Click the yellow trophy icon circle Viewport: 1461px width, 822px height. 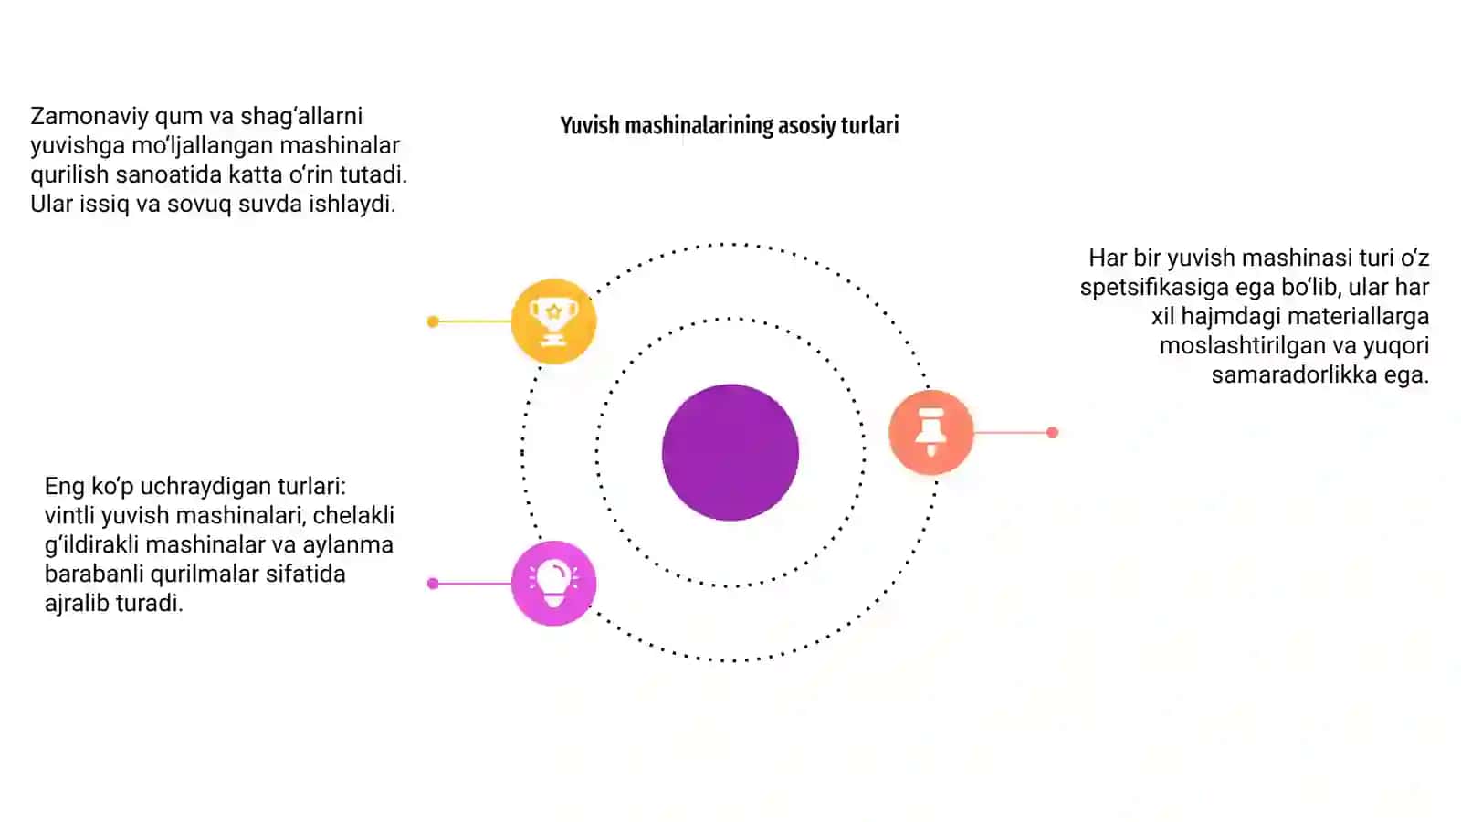pyautogui.click(x=553, y=321)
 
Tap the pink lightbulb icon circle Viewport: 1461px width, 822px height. pyautogui.click(x=553, y=584)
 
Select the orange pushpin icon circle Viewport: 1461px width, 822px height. pyautogui.click(x=930, y=432)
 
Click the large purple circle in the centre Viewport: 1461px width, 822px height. pyautogui.click(x=730, y=452)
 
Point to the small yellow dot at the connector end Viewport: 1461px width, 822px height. pyautogui.click(x=433, y=321)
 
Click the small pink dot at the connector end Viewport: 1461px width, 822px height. pyautogui.click(x=433, y=584)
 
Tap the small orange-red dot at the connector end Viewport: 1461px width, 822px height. pyautogui.click(x=1052, y=433)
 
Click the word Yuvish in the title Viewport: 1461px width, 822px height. pyautogui.click(x=590, y=125)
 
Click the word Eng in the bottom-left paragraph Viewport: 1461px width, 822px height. pyautogui.click(x=65, y=487)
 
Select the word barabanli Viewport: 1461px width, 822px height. pyautogui.click(x=95, y=574)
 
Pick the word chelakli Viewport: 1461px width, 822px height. pyautogui.click(x=353, y=515)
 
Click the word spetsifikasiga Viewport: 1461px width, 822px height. pyautogui.click(x=1154, y=288)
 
